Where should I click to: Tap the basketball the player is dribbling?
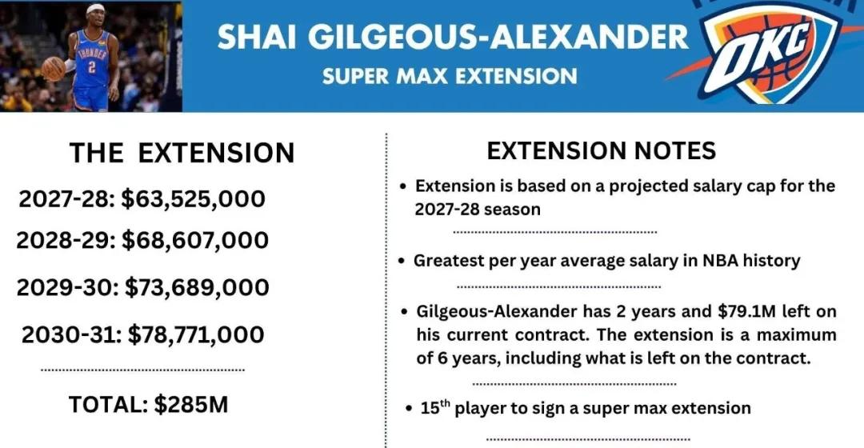(54, 69)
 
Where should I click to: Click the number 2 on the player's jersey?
(91, 66)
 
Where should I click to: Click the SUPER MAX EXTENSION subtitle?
(450, 76)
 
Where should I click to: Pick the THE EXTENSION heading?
(182, 153)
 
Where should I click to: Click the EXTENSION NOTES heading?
(601, 150)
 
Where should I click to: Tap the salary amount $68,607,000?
(195, 240)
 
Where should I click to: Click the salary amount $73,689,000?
(197, 287)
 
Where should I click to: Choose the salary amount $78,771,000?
(196, 334)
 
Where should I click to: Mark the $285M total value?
(190, 405)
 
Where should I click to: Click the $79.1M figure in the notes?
(746, 311)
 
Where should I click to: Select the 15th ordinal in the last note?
(435, 407)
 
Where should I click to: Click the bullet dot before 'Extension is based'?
(404, 186)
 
